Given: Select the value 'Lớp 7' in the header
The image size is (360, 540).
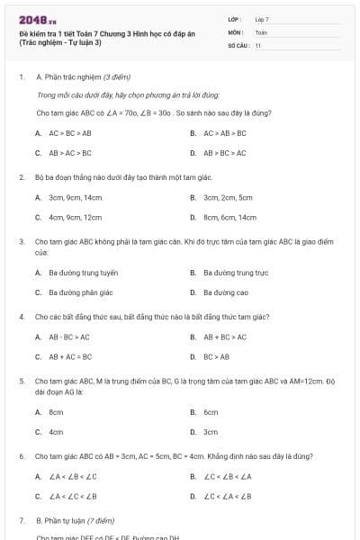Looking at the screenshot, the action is coord(262,19).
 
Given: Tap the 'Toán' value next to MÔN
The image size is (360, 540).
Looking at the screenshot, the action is coord(261,31).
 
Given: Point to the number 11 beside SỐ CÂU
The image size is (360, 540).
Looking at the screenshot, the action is coord(257,45).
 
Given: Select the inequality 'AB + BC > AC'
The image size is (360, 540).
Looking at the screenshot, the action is coord(224,337).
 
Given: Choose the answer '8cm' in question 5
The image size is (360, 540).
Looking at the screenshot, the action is coord(56,411).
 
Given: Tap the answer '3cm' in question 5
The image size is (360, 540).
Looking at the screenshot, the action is coord(211,431).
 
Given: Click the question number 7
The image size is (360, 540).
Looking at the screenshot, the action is coord(22,520).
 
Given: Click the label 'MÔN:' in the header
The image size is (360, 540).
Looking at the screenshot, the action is coord(236,31).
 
